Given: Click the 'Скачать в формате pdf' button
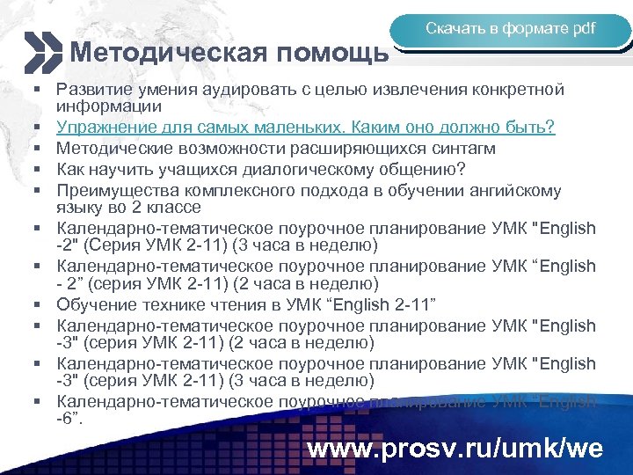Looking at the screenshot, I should (x=510, y=29).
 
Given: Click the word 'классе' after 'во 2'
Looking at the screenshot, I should (x=176, y=208).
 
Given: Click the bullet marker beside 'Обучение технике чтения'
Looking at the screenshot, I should (x=40, y=305).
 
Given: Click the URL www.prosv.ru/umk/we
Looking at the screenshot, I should (x=455, y=449).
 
